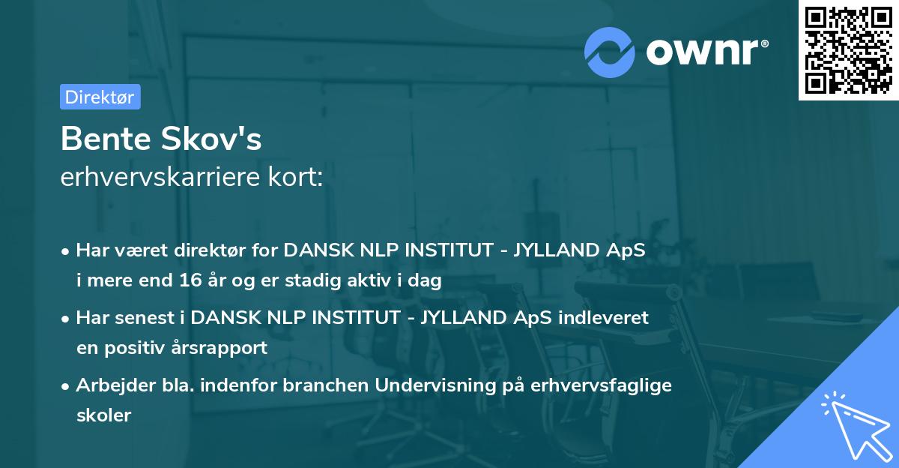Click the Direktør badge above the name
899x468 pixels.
coord(100,97)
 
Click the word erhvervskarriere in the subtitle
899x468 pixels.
coord(159,177)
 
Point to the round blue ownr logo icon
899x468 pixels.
coord(610,52)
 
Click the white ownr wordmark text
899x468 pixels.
coord(706,52)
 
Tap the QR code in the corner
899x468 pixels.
coord(848,50)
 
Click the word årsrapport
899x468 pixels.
coord(223,348)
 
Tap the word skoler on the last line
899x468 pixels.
coord(103,415)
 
